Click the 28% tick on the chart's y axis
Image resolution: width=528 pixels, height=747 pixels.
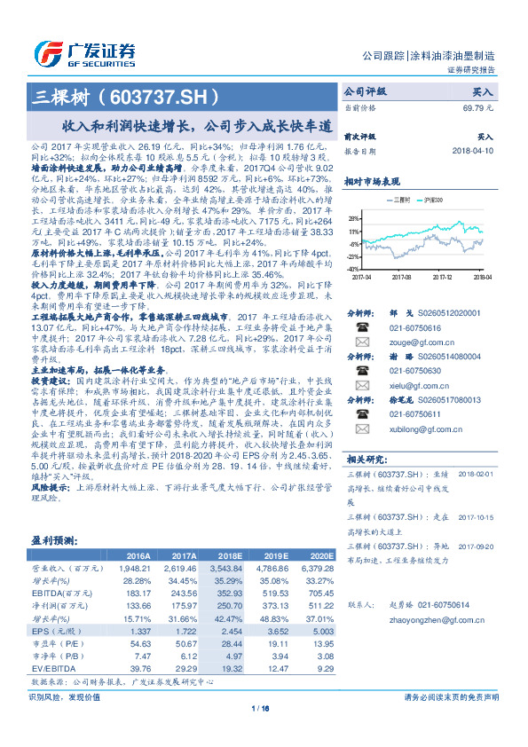click(x=354, y=217)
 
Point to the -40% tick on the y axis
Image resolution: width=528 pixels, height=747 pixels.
click(x=353, y=269)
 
